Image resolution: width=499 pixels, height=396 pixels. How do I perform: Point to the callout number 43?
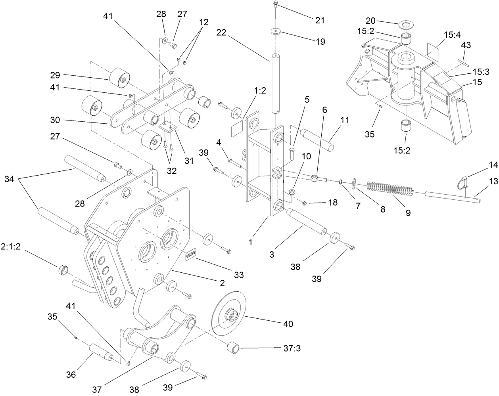coord(466,46)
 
